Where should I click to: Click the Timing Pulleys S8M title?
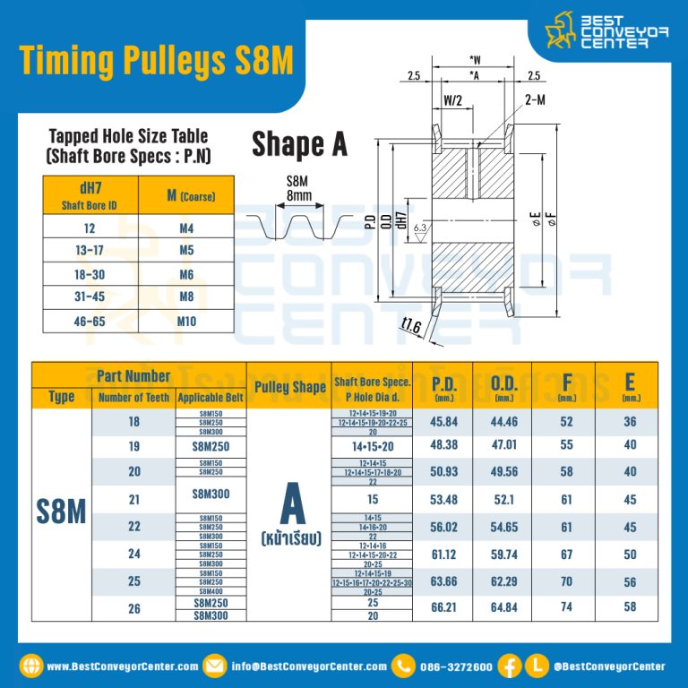point(156,60)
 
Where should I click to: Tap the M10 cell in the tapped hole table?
point(186,320)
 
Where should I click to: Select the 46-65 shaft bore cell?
point(90,320)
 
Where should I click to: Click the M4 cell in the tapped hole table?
point(186,228)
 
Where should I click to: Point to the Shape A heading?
point(299,143)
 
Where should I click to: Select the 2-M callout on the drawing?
point(535,100)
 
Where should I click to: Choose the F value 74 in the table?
point(566,609)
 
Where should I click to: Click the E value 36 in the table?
point(631,422)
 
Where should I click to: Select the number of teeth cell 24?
point(134,555)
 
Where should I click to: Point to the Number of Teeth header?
point(133,398)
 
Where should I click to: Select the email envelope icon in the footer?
point(215,666)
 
